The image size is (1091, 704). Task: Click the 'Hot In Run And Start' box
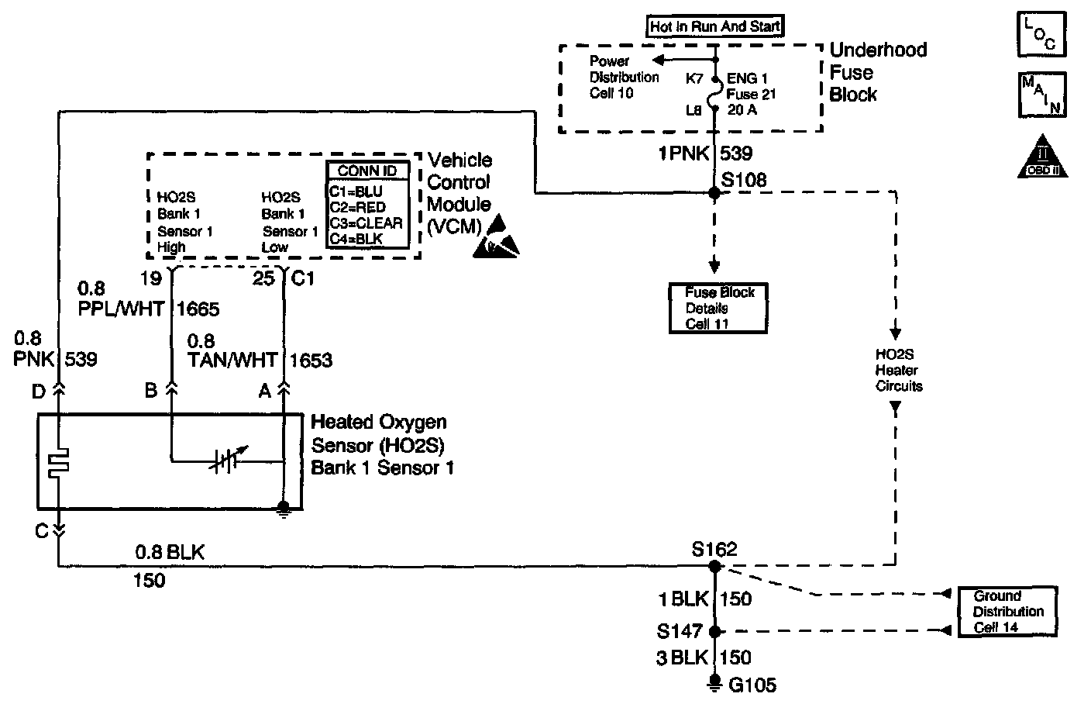(714, 26)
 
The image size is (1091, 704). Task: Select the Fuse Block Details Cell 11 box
(718, 308)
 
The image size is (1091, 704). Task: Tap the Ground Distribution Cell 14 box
(1008, 611)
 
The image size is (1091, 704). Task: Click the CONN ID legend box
(367, 205)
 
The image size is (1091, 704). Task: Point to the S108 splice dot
(714, 192)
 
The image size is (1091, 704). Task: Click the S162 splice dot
(714, 567)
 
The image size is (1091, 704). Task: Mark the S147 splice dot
(714, 631)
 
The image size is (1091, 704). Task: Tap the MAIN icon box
(1041, 95)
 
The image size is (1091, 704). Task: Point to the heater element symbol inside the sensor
(58, 462)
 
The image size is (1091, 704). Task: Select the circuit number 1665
(198, 309)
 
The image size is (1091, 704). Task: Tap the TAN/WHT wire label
(232, 360)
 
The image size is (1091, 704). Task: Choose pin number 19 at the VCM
(151, 278)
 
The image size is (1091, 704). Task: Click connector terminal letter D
(39, 392)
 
